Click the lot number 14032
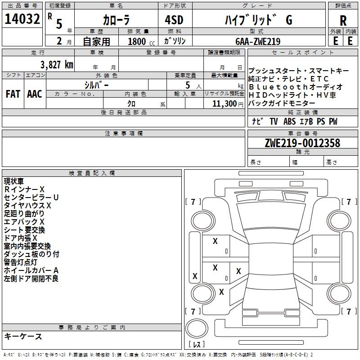click(x=22, y=19)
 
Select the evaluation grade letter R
click(x=343, y=21)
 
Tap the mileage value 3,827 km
click(x=57, y=65)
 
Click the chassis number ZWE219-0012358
click(x=302, y=143)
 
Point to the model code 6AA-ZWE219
click(x=258, y=41)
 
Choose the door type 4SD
click(x=174, y=20)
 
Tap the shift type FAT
click(x=13, y=94)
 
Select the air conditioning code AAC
click(x=35, y=94)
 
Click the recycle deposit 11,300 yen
click(x=228, y=104)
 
